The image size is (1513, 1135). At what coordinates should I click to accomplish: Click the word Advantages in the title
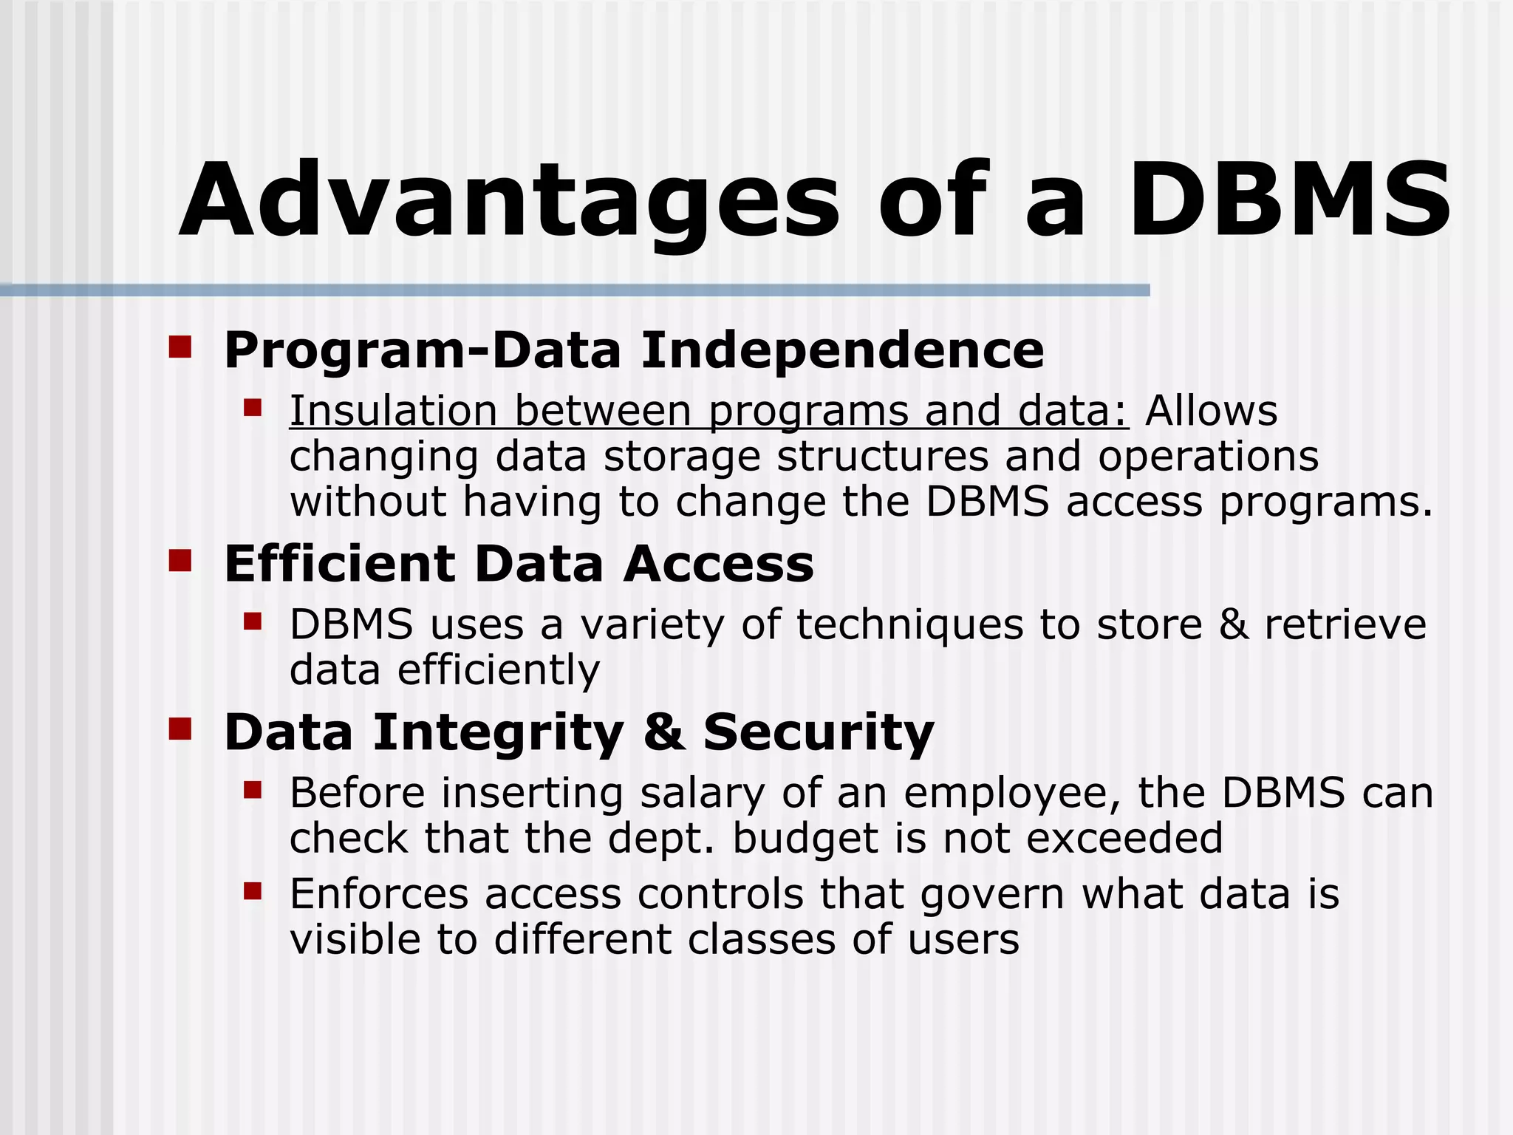coord(509,201)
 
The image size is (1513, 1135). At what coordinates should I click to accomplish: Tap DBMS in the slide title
coord(1288,201)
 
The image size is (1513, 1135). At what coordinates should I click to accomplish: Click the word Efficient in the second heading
coord(339,564)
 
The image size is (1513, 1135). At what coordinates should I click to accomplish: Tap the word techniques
coord(909,624)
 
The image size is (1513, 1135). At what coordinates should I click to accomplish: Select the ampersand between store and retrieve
coord(1233,624)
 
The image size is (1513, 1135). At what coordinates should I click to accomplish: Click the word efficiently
coord(499,670)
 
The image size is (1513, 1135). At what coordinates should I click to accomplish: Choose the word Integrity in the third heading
coord(499,732)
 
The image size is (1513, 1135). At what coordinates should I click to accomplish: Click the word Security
coord(819,732)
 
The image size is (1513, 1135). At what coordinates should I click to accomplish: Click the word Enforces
coord(379,894)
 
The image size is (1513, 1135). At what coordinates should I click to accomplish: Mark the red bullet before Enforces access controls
coord(253,891)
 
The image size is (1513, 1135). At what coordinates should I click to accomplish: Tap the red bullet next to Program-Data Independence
coord(180,347)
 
